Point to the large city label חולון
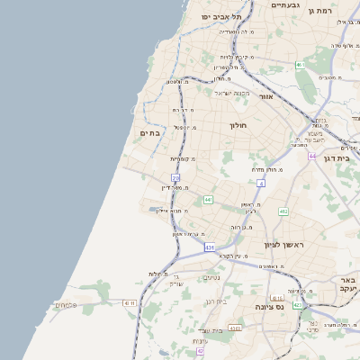point(238,125)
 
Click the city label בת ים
point(149,133)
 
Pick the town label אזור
point(265,95)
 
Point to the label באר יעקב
point(348,285)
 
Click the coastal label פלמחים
point(66,305)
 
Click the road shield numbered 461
point(300,65)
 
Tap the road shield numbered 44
point(311,157)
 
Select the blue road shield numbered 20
point(175,179)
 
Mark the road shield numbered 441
point(208,200)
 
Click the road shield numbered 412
point(283,211)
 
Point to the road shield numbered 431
point(210,247)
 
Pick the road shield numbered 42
point(200,351)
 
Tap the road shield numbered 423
point(297,305)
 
